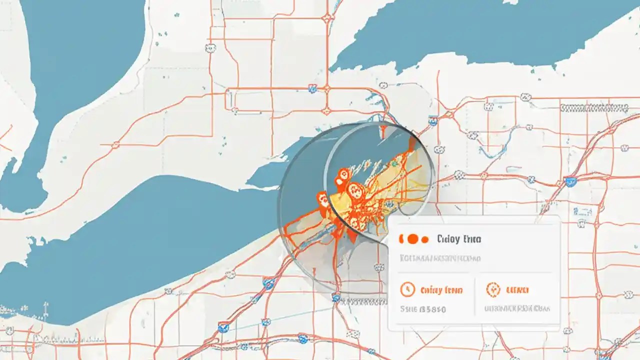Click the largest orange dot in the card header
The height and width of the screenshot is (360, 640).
[x=413, y=239]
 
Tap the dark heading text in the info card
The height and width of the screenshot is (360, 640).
[x=458, y=239]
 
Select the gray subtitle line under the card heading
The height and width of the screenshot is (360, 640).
[x=440, y=258]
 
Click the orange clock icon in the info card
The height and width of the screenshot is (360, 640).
[x=408, y=289]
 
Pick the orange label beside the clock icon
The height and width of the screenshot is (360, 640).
[x=441, y=290]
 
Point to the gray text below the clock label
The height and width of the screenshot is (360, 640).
[x=423, y=309]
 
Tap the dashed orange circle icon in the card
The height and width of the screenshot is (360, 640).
[x=492, y=289]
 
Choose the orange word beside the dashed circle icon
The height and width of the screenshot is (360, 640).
[x=517, y=290]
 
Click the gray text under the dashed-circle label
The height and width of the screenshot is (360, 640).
[x=517, y=308]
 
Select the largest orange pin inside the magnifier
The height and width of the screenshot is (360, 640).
[x=355, y=191]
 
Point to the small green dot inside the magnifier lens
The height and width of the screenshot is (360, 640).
[x=394, y=162]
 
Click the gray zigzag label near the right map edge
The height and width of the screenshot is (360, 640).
[x=593, y=107]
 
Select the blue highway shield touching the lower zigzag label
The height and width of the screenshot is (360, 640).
[x=336, y=298]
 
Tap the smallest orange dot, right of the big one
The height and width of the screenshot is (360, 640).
[x=425, y=239]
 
